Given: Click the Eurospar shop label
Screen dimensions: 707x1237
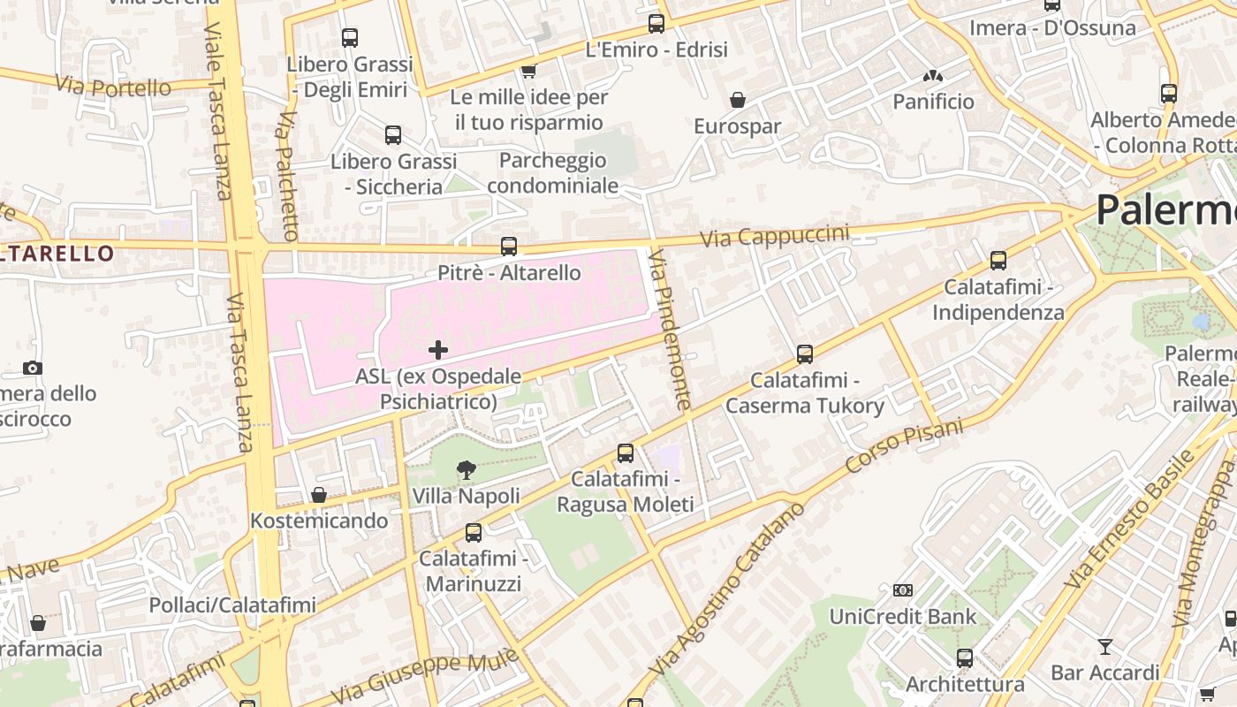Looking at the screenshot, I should (x=737, y=126).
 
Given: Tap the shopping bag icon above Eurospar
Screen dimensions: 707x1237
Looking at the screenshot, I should (x=737, y=100).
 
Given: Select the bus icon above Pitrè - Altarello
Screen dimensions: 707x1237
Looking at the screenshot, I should (x=509, y=247).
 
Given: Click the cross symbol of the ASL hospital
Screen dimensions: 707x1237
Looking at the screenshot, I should (x=437, y=350).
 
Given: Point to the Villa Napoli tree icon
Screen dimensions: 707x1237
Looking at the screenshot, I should (x=467, y=470).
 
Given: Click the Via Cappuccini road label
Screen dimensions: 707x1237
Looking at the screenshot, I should (x=775, y=237).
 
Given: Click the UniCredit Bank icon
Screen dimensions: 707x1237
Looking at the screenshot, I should (x=902, y=590).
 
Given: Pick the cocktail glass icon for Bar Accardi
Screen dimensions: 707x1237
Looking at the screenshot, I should (x=1104, y=647).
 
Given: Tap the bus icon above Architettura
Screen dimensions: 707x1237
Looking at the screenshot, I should (x=965, y=658).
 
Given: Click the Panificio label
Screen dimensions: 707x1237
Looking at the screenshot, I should (x=933, y=102).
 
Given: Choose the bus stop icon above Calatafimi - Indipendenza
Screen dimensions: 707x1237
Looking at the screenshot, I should (x=998, y=261).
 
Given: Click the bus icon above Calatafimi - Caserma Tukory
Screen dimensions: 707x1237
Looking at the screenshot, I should (x=805, y=354).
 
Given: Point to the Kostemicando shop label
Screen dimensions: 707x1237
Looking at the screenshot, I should (x=319, y=521).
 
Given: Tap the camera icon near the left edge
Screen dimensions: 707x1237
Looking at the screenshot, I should (x=33, y=368).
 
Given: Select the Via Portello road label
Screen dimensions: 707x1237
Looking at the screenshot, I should (x=113, y=87).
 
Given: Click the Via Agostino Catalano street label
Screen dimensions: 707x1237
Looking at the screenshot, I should (x=729, y=603).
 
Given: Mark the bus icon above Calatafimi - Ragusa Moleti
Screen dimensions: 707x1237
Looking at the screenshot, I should (x=626, y=453).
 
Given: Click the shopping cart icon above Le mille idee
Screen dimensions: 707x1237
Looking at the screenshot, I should (x=528, y=71).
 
